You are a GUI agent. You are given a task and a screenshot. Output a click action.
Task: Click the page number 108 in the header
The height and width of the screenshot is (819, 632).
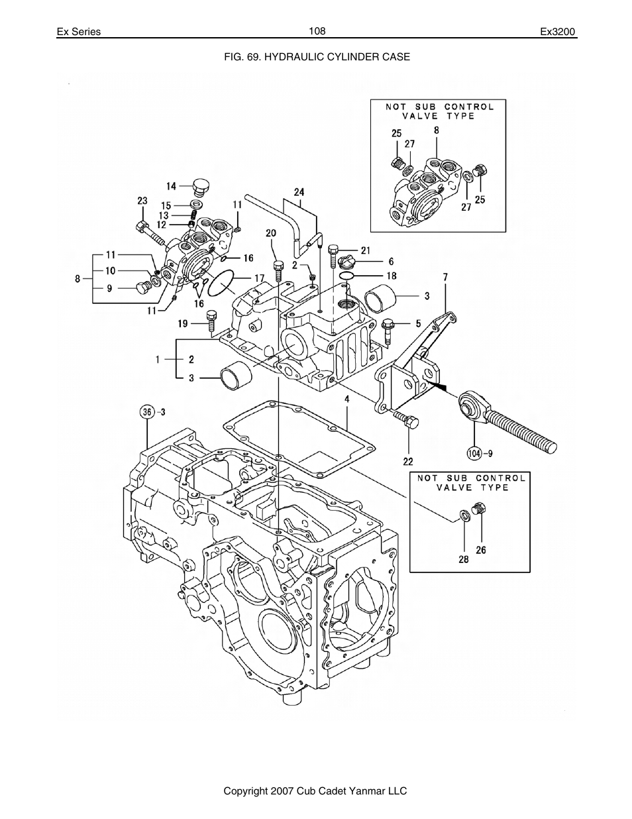(x=317, y=31)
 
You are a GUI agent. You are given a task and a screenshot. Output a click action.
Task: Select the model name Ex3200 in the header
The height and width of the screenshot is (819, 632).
(x=558, y=32)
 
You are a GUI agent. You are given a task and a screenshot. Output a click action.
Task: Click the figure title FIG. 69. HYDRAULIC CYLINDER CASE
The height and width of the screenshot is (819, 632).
(x=317, y=57)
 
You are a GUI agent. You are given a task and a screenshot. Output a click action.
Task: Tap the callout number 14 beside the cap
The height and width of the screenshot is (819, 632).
(x=171, y=186)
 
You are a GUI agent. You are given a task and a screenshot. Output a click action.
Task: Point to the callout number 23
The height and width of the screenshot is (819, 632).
(x=142, y=201)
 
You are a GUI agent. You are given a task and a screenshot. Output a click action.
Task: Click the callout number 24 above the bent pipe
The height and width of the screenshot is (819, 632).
(x=299, y=192)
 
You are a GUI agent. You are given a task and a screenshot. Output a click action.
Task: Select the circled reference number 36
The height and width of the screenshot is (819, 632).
(x=147, y=412)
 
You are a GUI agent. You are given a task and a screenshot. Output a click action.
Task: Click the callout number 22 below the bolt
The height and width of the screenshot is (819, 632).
(x=408, y=461)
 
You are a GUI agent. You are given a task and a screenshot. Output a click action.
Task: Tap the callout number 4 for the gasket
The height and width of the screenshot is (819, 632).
(x=346, y=399)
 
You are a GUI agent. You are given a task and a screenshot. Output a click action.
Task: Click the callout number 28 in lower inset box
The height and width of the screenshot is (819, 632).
(x=463, y=559)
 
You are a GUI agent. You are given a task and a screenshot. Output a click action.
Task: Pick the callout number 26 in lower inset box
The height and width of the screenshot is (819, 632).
(x=481, y=550)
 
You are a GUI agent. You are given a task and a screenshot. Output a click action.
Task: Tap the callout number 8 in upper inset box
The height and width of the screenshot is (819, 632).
(x=437, y=131)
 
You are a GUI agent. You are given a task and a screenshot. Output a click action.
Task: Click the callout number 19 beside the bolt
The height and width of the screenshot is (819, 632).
(x=182, y=324)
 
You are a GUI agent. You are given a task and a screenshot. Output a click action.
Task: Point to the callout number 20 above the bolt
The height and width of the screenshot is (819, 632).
(x=270, y=233)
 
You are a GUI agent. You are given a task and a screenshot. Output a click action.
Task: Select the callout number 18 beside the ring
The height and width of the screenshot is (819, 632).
(x=392, y=275)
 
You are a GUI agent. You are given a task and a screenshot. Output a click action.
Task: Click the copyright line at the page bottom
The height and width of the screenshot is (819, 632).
(x=315, y=791)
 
